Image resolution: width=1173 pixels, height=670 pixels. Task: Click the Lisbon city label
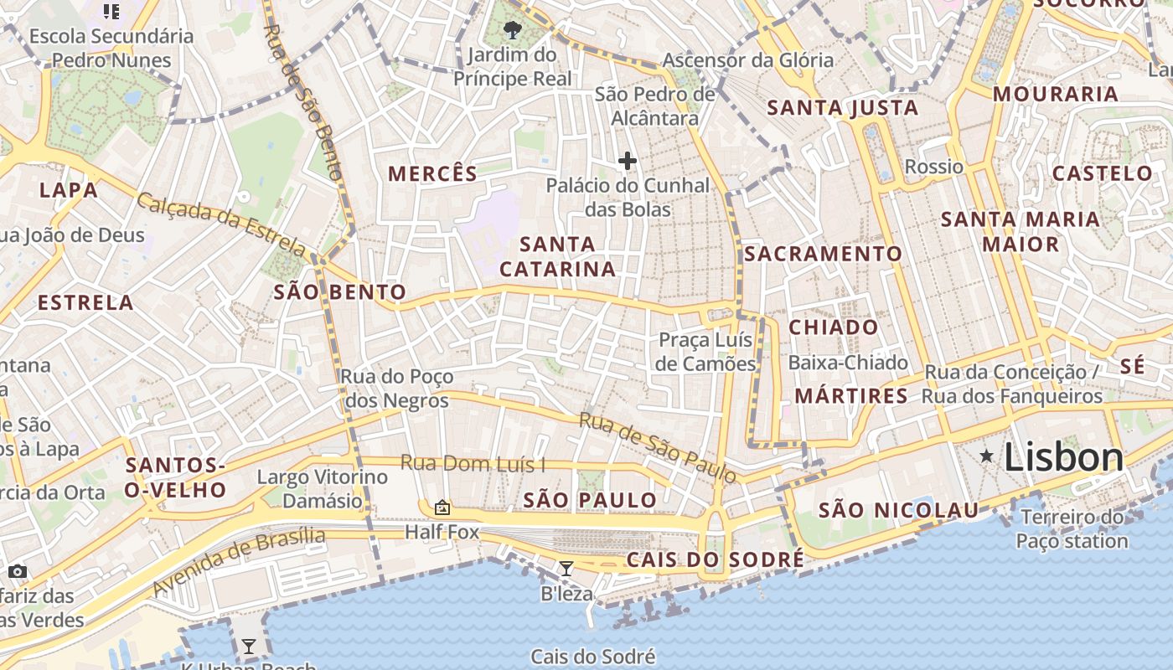pyautogui.click(x=1063, y=457)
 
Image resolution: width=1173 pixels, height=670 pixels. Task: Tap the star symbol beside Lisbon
pyautogui.click(x=987, y=456)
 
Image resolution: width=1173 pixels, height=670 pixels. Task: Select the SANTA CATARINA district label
pyautogui.click(x=557, y=256)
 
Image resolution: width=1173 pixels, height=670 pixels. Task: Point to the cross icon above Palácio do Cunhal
pyautogui.click(x=627, y=161)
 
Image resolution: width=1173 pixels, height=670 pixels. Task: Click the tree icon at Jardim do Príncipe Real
pyautogui.click(x=512, y=32)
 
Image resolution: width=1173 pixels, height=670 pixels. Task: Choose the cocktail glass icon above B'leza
pyautogui.click(x=566, y=569)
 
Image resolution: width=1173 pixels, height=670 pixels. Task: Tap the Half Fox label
pyautogui.click(x=442, y=532)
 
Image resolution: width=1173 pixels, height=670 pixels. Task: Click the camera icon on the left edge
pyautogui.click(x=18, y=571)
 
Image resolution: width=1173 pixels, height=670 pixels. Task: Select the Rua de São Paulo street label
pyautogui.click(x=659, y=448)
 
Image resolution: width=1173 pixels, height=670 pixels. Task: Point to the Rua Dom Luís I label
pyautogui.click(x=473, y=462)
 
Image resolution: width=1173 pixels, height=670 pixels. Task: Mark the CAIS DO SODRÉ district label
pyautogui.click(x=715, y=559)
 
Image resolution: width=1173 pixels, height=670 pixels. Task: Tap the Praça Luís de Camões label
pyautogui.click(x=706, y=352)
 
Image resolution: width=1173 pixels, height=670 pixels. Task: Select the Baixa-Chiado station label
pyautogui.click(x=848, y=363)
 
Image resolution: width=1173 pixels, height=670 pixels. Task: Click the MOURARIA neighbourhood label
pyautogui.click(x=1056, y=94)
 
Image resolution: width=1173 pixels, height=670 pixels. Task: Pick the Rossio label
pyautogui.click(x=934, y=167)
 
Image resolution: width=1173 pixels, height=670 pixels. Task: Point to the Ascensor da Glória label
pyautogui.click(x=748, y=60)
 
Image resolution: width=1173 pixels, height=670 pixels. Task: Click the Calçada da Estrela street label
pyautogui.click(x=222, y=224)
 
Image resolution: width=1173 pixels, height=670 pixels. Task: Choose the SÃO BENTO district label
pyautogui.click(x=339, y=292)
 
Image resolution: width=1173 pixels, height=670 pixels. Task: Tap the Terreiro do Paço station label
pyautogui.click(x=1072, y=528)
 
